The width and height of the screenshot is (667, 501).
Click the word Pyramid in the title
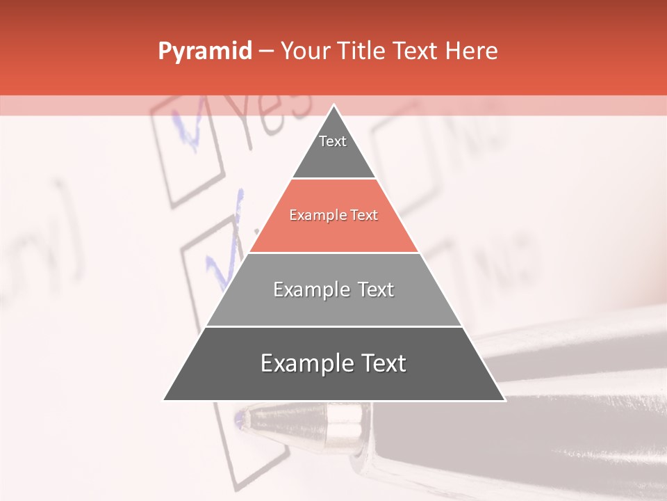point(204,51)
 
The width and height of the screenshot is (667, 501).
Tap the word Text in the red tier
point(363,216)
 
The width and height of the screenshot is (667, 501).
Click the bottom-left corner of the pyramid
point(163,400)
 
